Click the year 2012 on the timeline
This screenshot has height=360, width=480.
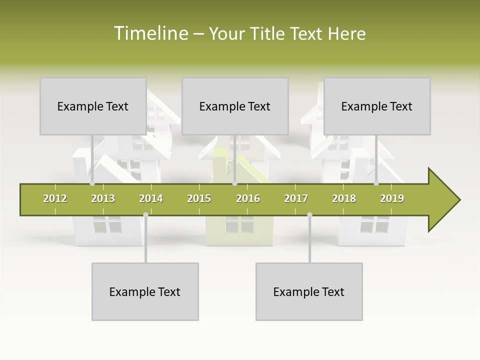coord(55,198)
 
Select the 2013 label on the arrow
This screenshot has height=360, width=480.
coord(103,198)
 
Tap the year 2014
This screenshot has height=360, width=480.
coord(151,198)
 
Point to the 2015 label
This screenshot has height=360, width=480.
coord(199,198)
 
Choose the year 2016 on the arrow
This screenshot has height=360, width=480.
coord(248,198)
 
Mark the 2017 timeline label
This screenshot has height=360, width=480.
coord(296,198)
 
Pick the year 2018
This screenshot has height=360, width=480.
coord(344,198)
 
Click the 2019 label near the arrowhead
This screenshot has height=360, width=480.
coord(392,198)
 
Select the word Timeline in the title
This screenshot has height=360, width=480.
coord(150,33)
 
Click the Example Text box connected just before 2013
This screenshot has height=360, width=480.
coord(93,106)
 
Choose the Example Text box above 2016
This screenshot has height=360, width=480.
coord(235,106)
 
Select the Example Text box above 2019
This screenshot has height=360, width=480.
coord(377,106)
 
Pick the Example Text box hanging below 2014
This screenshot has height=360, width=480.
coord(145,291)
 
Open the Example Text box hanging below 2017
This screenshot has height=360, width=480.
coord(309,291)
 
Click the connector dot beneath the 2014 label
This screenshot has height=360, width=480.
coord(145,214)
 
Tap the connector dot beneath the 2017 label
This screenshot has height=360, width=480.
coord(309,214)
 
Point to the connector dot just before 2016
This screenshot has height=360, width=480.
coord(234,183)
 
